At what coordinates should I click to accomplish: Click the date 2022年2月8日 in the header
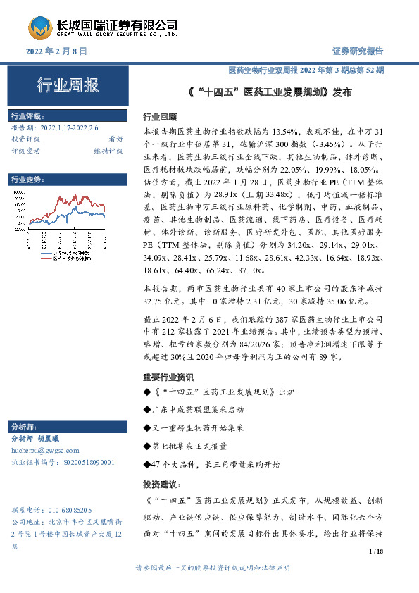click(x=56, y=51)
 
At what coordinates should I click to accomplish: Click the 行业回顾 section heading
click(x=160, y=117)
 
